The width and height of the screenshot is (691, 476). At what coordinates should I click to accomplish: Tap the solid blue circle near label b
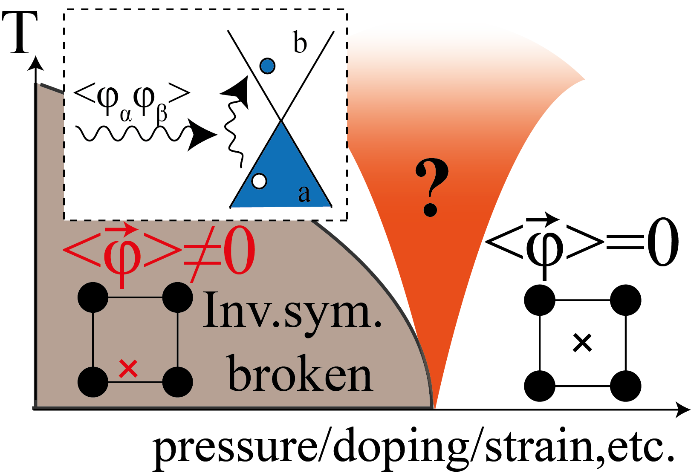pyautogui.click(x=267, y=66)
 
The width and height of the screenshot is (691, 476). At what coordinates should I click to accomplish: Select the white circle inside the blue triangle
pyautogui.click(x=259, y=181)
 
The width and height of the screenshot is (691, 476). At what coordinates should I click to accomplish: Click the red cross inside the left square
pyautogui.click(x=128, y=369)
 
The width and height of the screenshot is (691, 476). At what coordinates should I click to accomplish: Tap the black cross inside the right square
pyautogui.click(x=582, y=343)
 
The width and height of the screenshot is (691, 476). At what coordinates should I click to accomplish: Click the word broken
pyautogui.click(x=300, y=374)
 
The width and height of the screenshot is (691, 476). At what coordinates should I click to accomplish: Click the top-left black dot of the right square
pyautogui.click(x=540, y=300)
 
